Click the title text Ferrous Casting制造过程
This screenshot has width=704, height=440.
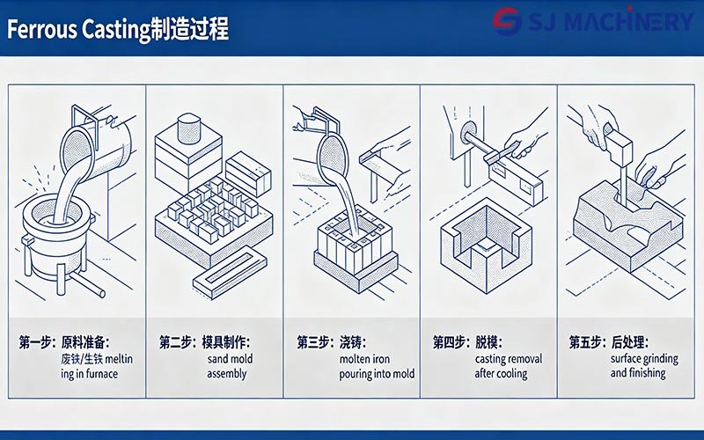(118, 30)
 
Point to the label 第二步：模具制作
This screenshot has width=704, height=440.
(204, 341)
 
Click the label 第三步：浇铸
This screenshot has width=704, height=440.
(332, 341)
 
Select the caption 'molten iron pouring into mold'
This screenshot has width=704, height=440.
(353, 366)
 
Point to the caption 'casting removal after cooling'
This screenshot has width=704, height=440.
(508, 366)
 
